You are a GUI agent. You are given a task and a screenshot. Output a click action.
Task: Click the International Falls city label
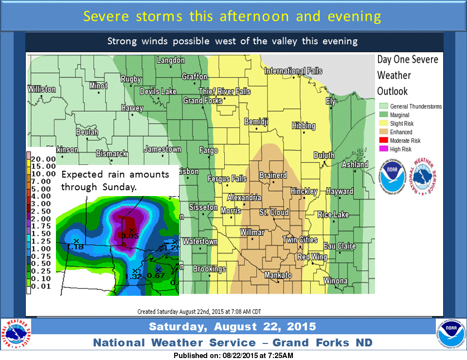[x=293, y=71]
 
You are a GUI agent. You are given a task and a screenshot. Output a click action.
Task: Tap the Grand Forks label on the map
[x=202, y=101]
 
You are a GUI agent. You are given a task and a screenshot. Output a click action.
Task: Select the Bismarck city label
[x=111, y=154]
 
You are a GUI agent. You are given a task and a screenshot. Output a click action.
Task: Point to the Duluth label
[x=323, y=155]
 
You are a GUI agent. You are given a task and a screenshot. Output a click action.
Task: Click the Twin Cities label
[x=300, y=240]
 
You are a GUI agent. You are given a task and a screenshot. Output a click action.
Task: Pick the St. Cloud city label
[x=273, y=212]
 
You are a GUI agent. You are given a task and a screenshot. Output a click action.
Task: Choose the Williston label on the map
[x=42, y=90]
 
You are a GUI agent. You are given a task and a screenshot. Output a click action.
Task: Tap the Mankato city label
[x=278, y=275]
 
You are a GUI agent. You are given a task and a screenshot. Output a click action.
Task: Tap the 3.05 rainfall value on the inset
[x=130, y=236]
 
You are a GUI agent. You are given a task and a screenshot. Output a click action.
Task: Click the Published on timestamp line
[x=233, y=355]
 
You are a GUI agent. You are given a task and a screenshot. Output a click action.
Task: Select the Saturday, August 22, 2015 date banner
[x=232, y=326]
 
